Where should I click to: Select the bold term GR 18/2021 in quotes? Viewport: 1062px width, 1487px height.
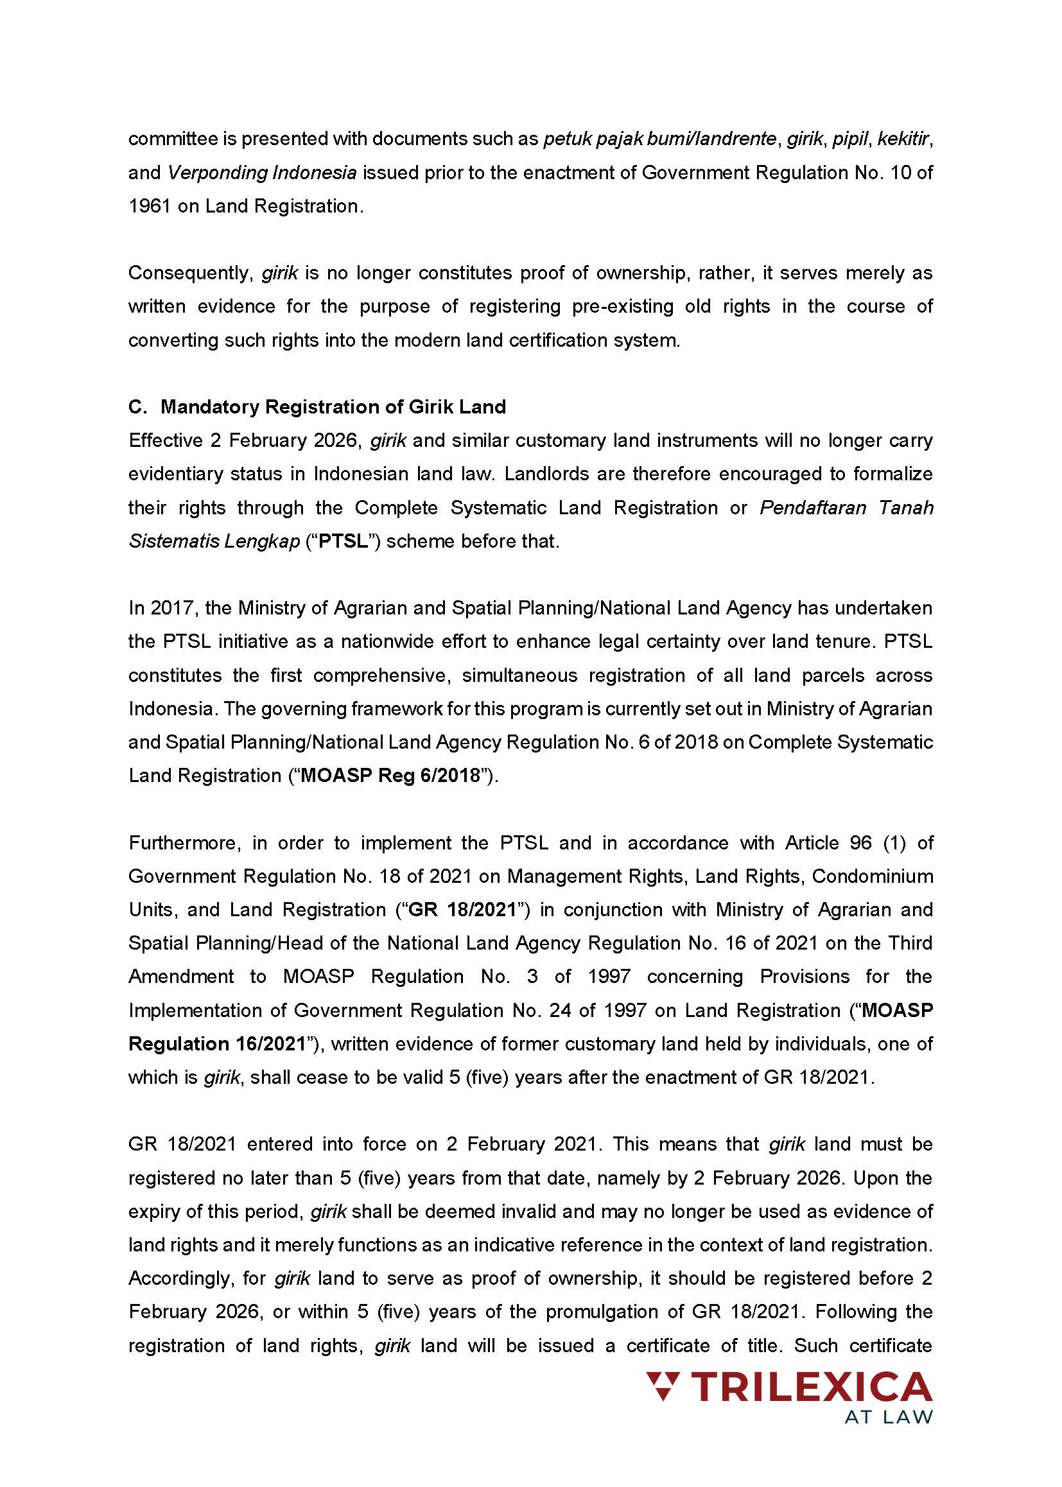click(463, 910)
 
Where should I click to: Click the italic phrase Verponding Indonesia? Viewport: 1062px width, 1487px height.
click(261, 173)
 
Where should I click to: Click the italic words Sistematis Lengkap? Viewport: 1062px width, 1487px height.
click(214, 541)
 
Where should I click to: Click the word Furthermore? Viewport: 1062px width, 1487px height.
click(185, 842)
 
